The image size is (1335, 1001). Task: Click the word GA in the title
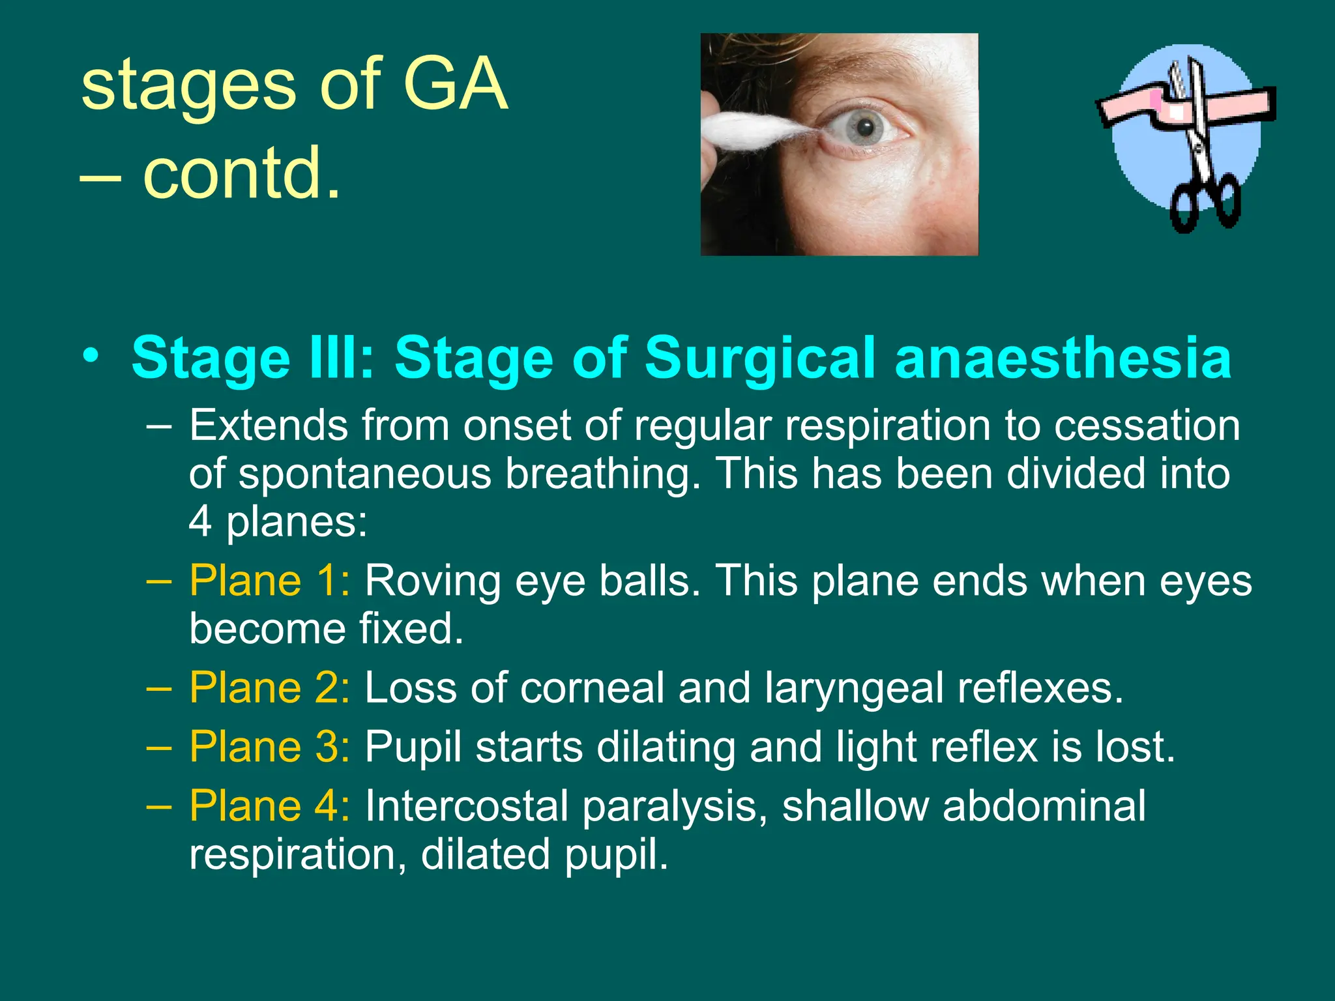[x=455, y=85]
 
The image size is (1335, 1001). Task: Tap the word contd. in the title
[x=241, y=173]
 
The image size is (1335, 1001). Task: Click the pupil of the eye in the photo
[x=866, y=126]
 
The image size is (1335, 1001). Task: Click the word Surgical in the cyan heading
[x=759, y=358]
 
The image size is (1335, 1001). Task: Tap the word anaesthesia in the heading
[x=1063, y=358]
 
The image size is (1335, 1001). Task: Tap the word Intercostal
[x=466, y=805]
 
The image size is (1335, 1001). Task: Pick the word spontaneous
[x=365, y=474]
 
